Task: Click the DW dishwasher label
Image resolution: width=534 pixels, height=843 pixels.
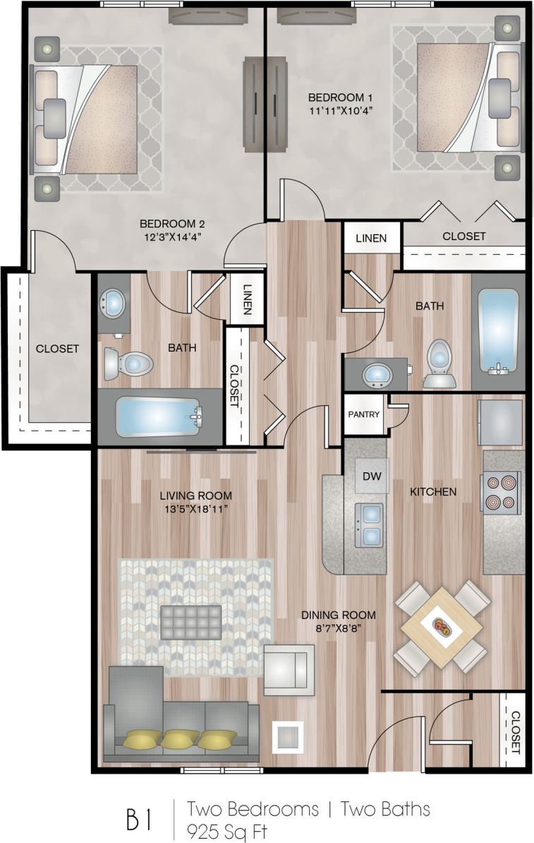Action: click(x=372, y=476)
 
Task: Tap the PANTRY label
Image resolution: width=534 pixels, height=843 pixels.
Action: click(x=364, y=415)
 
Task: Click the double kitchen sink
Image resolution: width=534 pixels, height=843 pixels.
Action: click(x=369, y=525)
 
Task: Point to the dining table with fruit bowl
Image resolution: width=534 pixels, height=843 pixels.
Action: click(x=442, y=626)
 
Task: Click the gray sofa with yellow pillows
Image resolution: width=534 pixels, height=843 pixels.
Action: click(x=181, y=724)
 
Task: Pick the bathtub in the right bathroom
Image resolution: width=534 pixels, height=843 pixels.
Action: click(x=498, y=330)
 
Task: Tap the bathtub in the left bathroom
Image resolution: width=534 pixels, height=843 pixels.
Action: click(x=159, y=417)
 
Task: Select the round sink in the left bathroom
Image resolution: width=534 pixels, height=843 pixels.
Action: click(x=113, y=305)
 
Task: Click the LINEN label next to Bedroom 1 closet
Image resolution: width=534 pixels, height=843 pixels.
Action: click(x=371, y=238)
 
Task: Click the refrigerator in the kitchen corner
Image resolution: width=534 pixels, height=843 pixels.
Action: click(x=500, y=422)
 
